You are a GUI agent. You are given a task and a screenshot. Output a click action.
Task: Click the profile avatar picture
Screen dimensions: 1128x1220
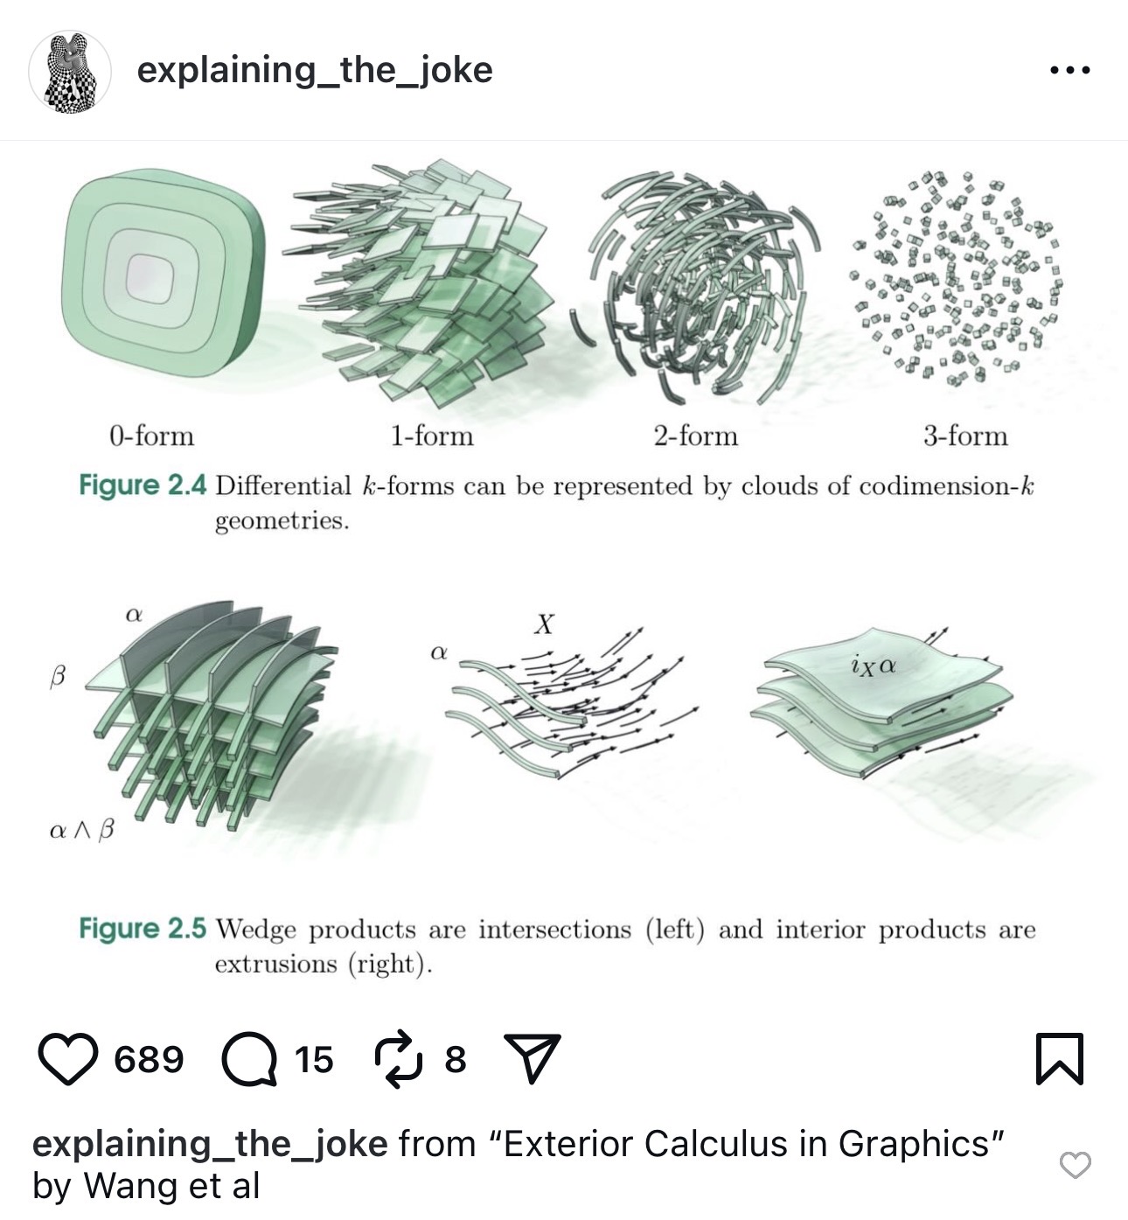coord(69,73)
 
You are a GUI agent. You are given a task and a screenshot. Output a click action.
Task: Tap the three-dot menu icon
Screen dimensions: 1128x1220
coord(1070,70)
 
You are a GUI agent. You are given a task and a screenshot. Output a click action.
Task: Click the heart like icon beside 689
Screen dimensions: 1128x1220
coord(68,1058)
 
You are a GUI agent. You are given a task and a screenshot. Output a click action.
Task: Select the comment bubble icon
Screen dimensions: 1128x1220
coord(249,1059)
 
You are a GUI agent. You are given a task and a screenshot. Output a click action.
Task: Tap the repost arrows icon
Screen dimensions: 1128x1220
coord(399,1058)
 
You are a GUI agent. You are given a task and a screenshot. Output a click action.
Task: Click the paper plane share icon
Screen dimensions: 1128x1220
coord(532,1058)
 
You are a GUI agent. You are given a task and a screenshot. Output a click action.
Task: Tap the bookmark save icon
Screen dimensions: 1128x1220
coord(1060,1058)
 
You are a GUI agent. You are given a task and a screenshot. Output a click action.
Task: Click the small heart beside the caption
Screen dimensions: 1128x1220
coord(1076,1165)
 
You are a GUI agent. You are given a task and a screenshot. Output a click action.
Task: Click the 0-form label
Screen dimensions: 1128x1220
coord(152,436)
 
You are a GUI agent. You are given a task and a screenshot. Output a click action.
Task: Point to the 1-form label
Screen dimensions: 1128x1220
coord(433,436)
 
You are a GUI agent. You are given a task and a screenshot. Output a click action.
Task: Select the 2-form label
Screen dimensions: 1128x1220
coord(695,436)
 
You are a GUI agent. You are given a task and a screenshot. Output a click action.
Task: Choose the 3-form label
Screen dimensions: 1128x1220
coord(965,436)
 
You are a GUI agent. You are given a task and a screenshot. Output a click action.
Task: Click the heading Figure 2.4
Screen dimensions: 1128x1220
coord(143,485)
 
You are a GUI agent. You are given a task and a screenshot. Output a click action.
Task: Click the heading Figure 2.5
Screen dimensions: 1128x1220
coord(143,928)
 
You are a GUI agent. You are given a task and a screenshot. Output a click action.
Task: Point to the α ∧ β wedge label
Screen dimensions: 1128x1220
coord(81,831)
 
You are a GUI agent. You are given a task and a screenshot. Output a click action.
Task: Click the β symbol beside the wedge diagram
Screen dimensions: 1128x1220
coord(57,676)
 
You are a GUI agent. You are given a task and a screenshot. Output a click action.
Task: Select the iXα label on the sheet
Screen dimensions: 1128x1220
coord(873,666)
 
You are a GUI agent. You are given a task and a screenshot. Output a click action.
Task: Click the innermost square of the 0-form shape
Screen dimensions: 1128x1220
coord(150,280)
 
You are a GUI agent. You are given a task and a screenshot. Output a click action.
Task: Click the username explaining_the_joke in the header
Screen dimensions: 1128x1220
coord(315,70)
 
